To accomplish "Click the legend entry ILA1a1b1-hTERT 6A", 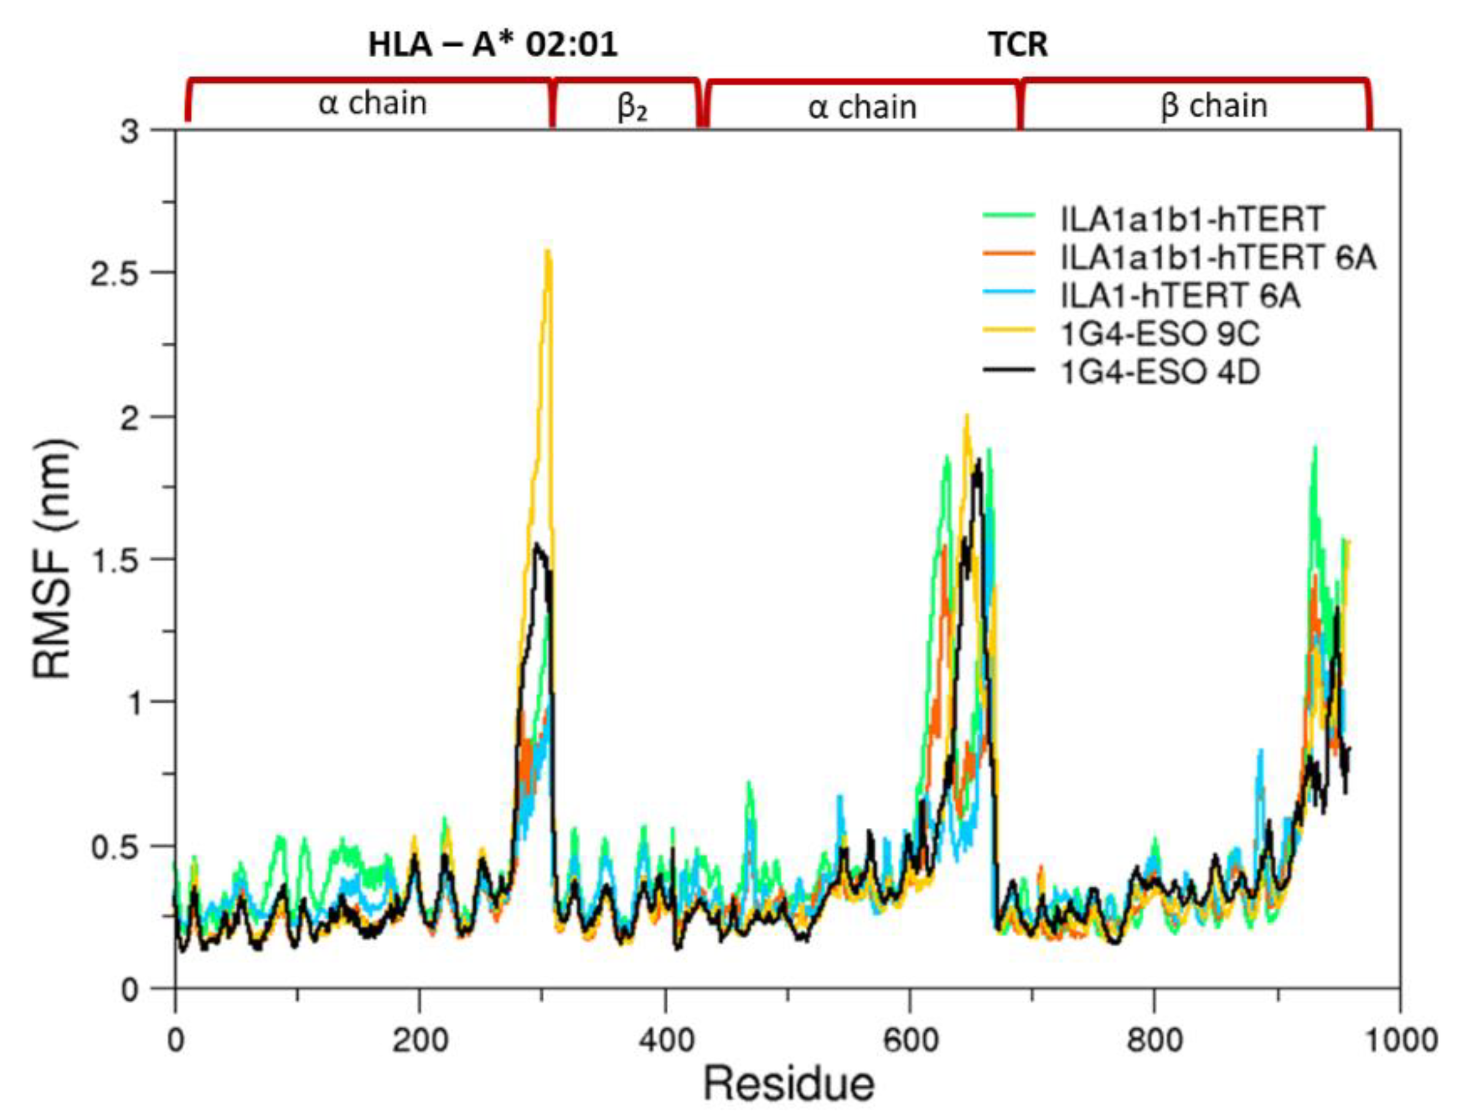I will point(1218,258).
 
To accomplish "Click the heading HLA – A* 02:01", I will point(493,45).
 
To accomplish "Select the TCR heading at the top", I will point(1018,45).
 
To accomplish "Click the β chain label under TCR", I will point(1214,105).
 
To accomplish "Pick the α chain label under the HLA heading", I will point(373,103).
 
